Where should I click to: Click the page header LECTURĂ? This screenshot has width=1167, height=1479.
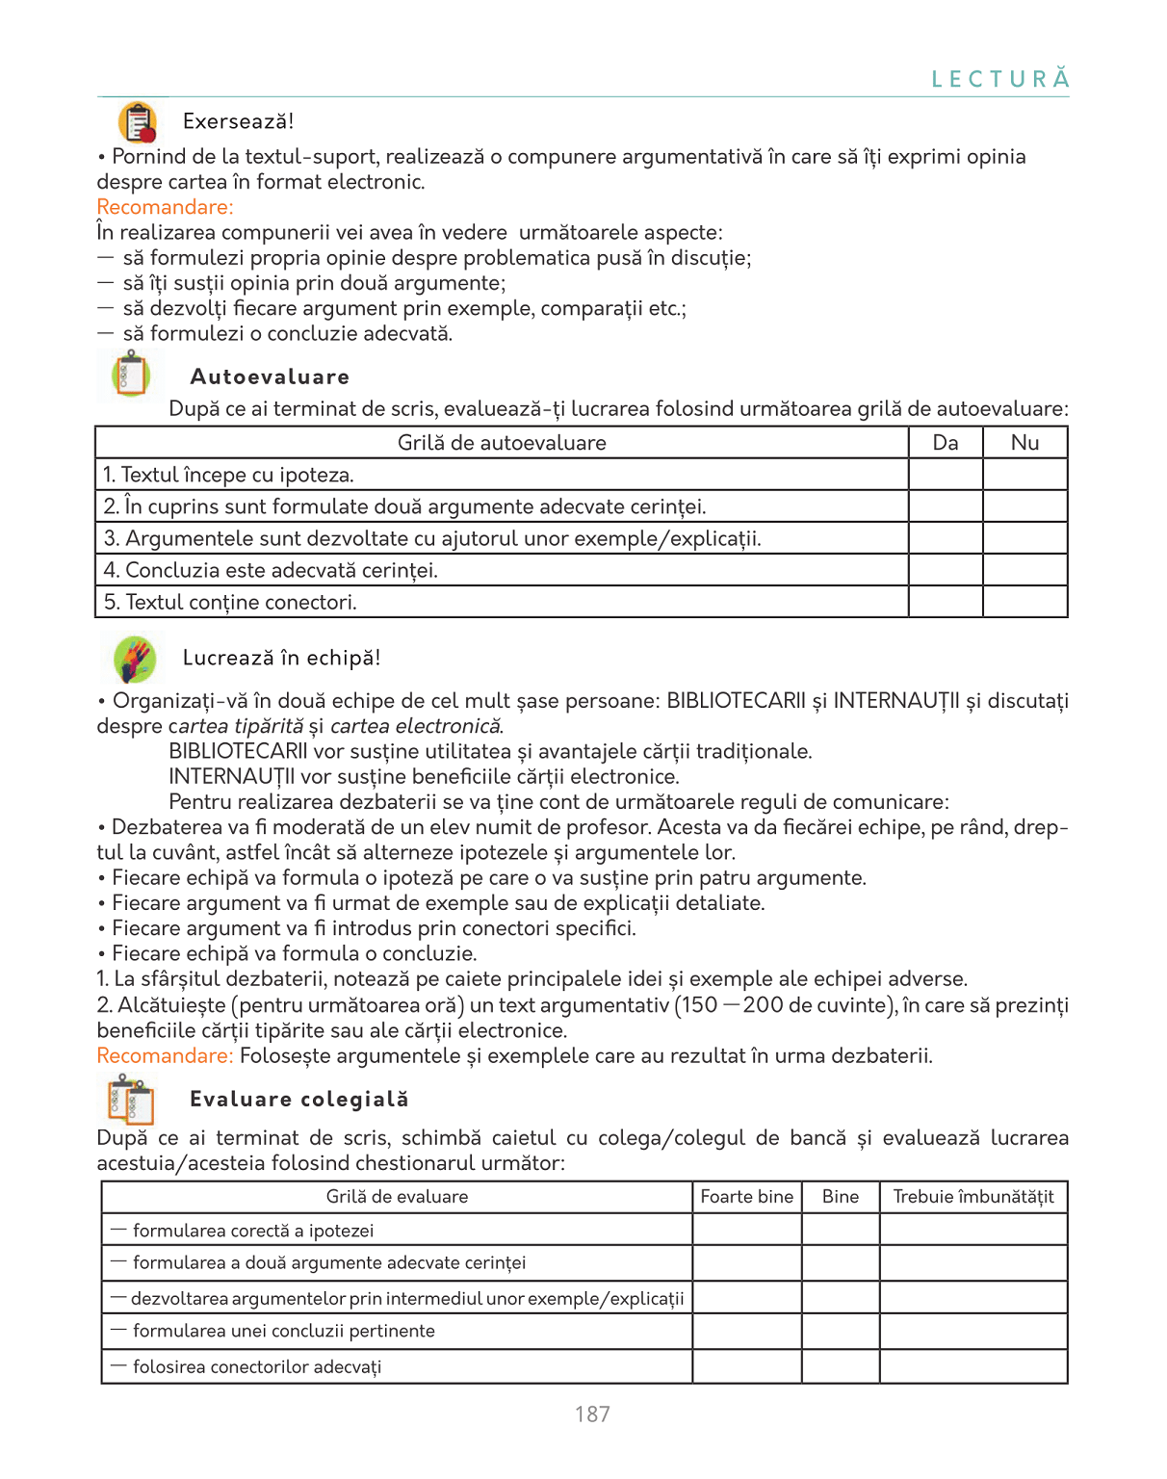[x=999, y=79]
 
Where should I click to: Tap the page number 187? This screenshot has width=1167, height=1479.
[x=592, y=1414]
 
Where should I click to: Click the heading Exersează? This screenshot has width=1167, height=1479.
[x=238, y=121]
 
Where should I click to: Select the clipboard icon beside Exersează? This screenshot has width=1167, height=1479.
[x=138, y=123]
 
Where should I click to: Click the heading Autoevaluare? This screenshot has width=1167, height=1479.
[x=270, y=376]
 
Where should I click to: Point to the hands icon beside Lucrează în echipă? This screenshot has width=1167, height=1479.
[x=135, y=660]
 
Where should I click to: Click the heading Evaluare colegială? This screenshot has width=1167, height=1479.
[x=298, y=1099]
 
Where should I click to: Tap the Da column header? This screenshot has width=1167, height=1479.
[x=946, y=443]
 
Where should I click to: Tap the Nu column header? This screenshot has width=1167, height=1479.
[x=1024, y=443]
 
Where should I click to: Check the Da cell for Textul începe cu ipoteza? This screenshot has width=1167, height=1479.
[x=946, y=475]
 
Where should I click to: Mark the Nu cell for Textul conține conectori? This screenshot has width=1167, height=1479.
[x=1024, y=602]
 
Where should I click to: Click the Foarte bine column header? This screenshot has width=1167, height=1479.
[x=746, y=1197]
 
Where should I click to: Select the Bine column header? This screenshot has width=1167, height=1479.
[x=840, y=1197]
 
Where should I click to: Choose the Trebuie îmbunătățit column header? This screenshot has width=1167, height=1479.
[x=972, y=1197]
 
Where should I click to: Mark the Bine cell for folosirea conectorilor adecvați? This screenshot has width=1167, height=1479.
[x=840, y=1366]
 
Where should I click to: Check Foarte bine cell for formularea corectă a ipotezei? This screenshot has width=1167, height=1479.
[x=746, y=1230]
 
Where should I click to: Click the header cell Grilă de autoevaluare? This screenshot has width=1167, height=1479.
[x=502, y=443]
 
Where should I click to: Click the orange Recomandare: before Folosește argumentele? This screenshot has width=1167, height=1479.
[x=165, y=1055]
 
